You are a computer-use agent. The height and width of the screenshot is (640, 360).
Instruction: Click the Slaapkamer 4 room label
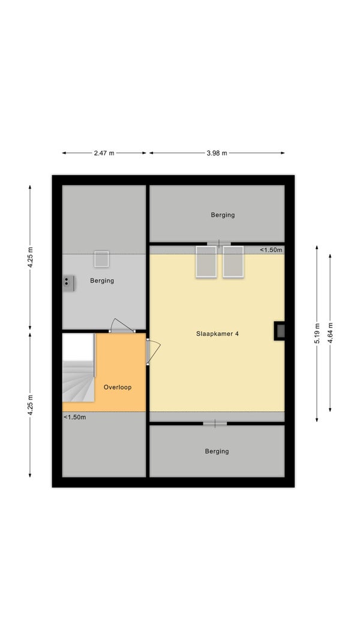217,333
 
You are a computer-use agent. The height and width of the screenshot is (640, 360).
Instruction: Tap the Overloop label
118,387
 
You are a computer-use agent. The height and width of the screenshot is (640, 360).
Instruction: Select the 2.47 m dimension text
104,153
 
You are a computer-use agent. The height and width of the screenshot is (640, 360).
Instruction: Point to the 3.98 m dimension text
217,153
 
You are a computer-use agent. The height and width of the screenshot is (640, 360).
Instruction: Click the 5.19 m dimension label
317,333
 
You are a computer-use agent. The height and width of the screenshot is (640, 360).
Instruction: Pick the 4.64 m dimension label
330,333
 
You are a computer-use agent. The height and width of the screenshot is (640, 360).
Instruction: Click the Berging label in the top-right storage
223,215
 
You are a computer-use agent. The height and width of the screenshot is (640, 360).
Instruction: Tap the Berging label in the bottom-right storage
217,451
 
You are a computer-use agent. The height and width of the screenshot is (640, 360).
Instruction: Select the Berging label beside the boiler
102,281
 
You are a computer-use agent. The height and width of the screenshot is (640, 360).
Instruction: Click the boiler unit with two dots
68,283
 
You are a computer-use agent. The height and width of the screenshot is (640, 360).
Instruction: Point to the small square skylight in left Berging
101,259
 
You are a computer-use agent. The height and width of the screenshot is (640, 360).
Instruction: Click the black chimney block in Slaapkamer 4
280,331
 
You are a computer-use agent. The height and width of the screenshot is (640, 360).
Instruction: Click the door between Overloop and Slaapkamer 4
152,351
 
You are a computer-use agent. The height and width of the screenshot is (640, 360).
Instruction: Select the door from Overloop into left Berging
121,326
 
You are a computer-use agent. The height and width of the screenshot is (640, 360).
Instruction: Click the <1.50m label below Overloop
74,417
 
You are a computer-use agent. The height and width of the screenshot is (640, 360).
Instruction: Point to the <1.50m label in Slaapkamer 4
271,250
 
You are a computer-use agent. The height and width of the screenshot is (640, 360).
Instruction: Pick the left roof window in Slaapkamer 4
206,262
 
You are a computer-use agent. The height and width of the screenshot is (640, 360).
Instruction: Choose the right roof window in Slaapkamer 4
233,262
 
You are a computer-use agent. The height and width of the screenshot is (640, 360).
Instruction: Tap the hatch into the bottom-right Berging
215,424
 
